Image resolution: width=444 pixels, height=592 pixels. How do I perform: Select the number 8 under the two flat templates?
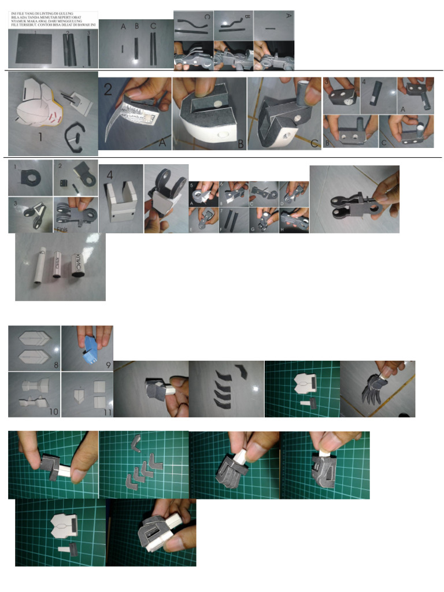pos(55,365)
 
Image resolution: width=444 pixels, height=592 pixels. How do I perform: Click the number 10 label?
pos(54,412)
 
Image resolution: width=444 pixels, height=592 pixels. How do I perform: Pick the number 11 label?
pos(106,412)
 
